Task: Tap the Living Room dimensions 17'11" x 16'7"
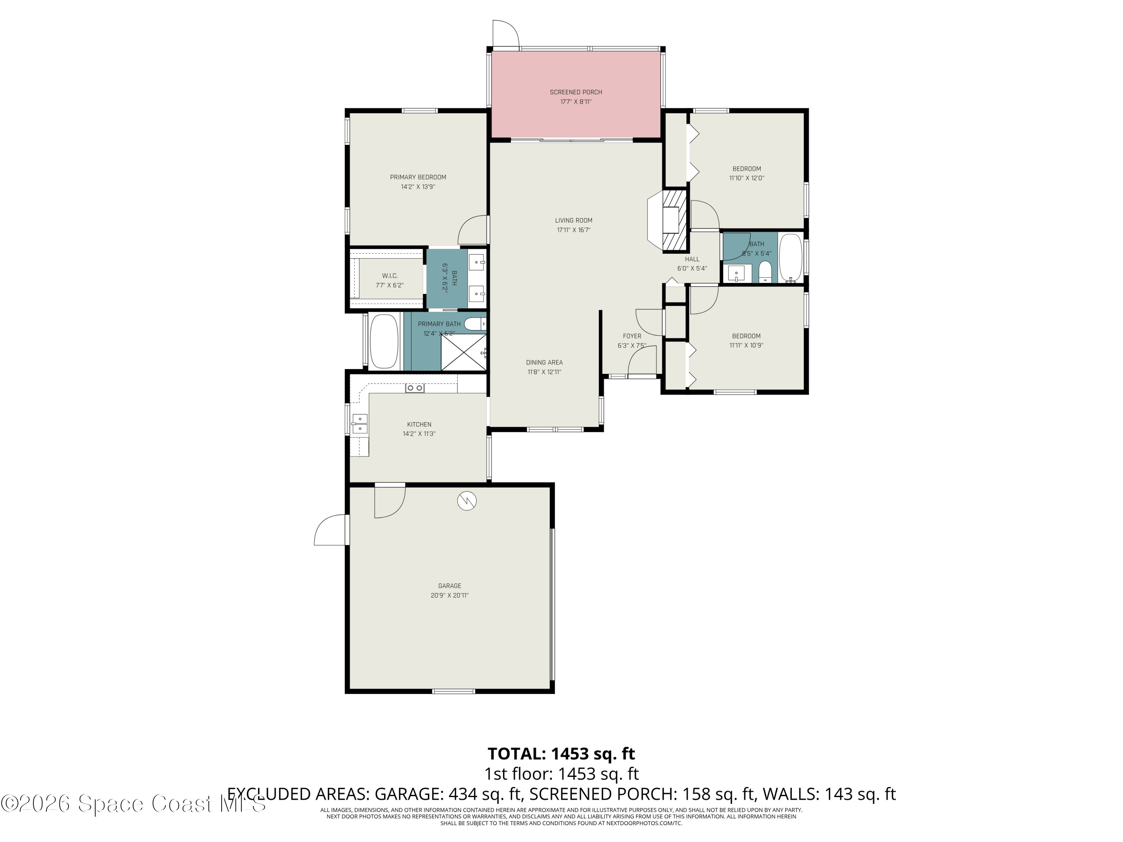(x=573, y=230)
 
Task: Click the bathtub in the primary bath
(x=384, y=342)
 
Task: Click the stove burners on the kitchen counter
(x=414, y=388)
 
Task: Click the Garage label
(x=449, y=586)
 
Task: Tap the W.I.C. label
(x=389, y=275)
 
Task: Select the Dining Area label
(x=544, y=362)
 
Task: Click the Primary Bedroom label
(x=418, y=177)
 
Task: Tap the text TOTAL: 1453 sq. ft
(x=561, y=754)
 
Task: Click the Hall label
(x=692, y=259)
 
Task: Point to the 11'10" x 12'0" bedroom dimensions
(x=746, y=178)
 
